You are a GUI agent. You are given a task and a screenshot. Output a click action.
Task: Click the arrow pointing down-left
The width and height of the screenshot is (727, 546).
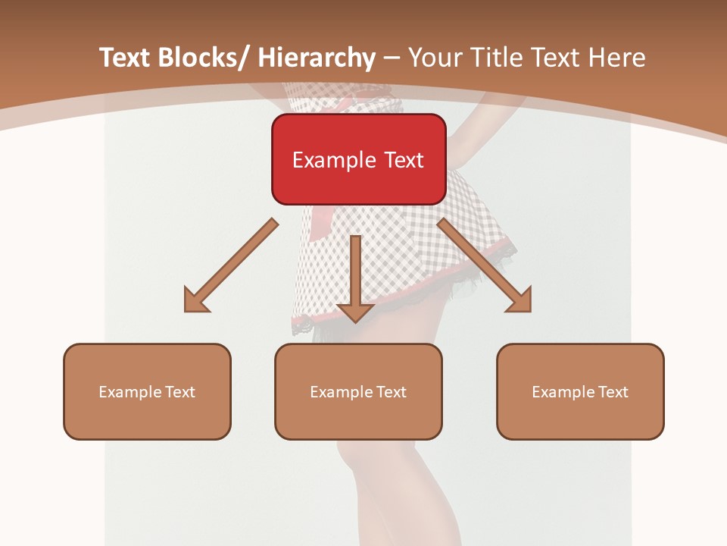(231, 265)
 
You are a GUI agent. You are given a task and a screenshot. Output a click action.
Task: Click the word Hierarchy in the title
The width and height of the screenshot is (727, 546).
(317, 58)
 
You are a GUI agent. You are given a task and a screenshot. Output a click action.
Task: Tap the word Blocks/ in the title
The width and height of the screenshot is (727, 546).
(207, 58)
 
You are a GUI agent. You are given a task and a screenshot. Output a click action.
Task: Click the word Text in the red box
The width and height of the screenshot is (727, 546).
(403, 161)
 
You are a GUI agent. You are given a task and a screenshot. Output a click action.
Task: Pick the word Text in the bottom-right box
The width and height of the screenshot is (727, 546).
(613, 392)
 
